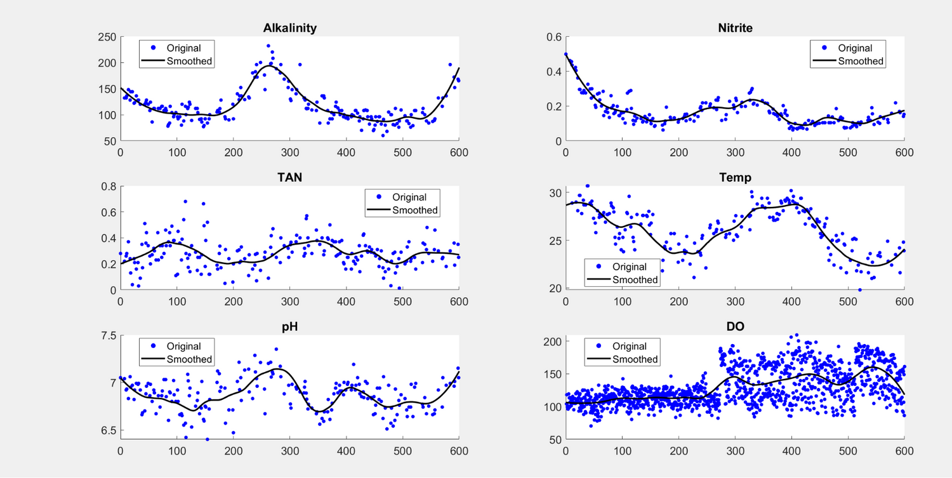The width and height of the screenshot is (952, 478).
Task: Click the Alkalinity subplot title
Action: pos(289,28)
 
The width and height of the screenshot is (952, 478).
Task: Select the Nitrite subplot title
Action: pos(735,28)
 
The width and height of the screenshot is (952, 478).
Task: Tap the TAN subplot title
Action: pos(289,177)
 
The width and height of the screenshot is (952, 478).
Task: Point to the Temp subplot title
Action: pos(735,177)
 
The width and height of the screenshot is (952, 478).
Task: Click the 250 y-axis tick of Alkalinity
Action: pos(107,37)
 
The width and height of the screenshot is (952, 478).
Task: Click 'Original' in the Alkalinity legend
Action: pos(183,48)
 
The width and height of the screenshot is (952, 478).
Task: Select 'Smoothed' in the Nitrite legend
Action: pos(861,62)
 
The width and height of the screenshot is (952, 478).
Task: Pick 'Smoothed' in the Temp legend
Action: pos(635,280)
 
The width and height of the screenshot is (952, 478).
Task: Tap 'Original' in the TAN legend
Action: pos(409,197)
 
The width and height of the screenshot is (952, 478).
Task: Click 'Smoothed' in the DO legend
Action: pos(635,359)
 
